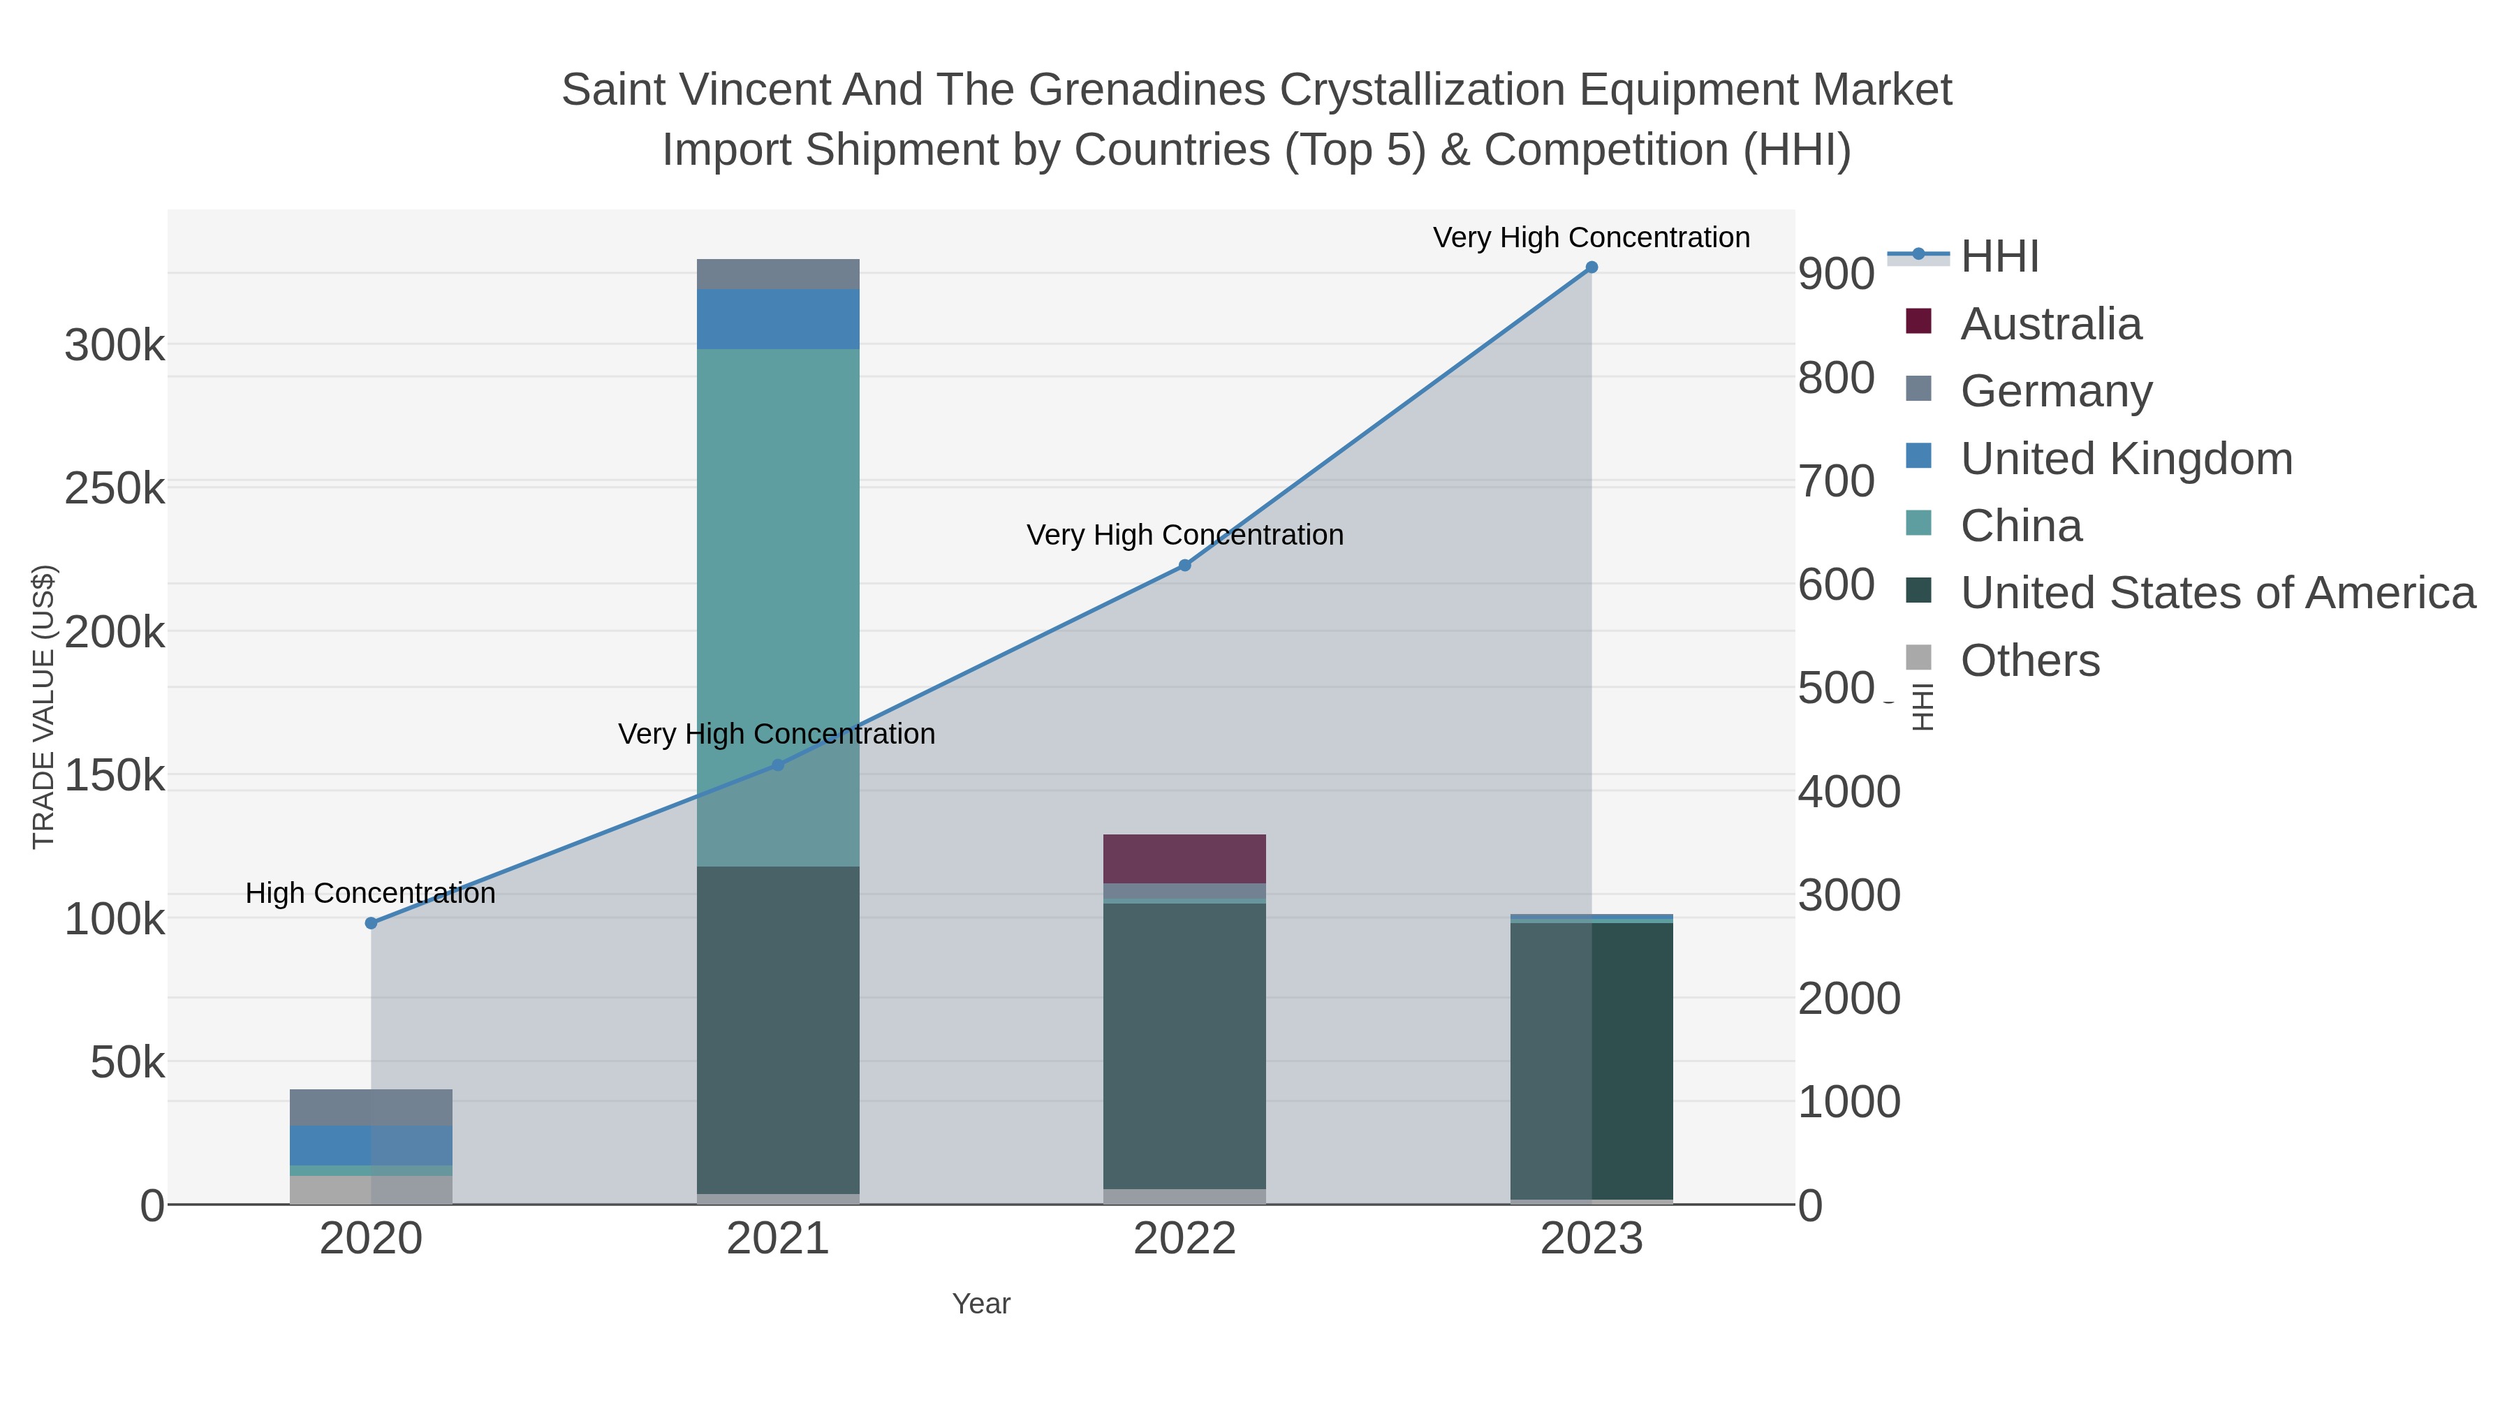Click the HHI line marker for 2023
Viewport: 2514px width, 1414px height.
(1591, 267)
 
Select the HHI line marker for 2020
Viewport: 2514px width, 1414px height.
(371, 923)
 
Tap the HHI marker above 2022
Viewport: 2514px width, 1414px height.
(1185, 565)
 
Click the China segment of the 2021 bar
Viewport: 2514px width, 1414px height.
(778, 586)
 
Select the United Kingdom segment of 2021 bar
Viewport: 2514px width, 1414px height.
(778, 319)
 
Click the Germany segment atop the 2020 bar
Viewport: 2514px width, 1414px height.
(371, 1107)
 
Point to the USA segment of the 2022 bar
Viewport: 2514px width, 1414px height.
(1185, 1044)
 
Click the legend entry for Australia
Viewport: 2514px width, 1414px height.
(2050, 324)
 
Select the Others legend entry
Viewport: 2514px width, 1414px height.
(2030, 661)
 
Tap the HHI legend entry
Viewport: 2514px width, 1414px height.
(1999, 257)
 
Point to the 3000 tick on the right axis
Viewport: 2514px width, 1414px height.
(1848, 895)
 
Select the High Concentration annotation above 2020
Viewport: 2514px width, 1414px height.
(371, 893)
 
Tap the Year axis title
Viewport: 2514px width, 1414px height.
(981, 1304)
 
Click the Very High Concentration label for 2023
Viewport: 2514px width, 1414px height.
(1591, 237)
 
